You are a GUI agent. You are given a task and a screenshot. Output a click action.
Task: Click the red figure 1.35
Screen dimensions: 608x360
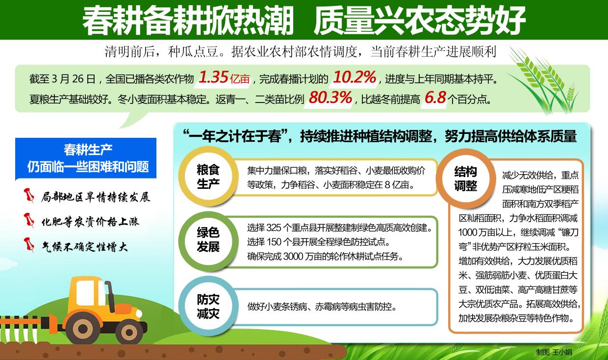[x=213, y=77]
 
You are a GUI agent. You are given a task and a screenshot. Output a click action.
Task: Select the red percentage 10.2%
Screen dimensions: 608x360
[x=355, y=77]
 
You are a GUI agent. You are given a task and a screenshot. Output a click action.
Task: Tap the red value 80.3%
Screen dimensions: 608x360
[x=330, y=98]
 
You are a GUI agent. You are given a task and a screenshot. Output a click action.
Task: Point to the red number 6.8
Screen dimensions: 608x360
[x=435, y=98]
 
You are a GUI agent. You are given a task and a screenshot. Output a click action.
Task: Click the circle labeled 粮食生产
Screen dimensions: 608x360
[x=208, y=177]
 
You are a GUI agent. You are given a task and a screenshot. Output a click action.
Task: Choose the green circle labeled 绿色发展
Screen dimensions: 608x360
[x=208, y=240]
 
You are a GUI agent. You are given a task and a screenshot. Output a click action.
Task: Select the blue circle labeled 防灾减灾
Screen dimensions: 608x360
[x=208, y=306]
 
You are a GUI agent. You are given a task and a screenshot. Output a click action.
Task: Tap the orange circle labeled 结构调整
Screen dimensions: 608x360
[x=465, y=179]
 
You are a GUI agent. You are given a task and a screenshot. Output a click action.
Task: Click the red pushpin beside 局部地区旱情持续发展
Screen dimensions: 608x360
[x=29, y=195]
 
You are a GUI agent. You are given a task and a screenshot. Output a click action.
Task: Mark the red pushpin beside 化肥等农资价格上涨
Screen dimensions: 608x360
[x=29, y=220]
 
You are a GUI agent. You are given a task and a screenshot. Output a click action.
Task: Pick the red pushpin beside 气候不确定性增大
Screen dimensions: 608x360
[x=29, y=245]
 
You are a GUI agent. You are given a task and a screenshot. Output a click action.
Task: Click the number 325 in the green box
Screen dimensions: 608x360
[x=273, y=228]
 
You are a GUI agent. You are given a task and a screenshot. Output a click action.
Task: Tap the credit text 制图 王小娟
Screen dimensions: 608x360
[x=554, y=352]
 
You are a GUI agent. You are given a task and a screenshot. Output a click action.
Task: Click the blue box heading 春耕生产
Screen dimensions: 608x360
[x=88, y=150]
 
